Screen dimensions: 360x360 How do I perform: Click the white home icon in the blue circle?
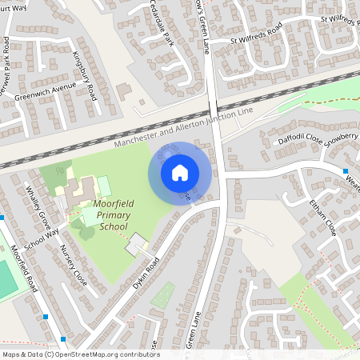180,172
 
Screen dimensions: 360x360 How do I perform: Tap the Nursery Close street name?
74,266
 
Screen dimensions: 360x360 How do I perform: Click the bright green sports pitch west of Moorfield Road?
6,280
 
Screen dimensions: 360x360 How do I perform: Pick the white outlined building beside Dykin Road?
137,244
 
